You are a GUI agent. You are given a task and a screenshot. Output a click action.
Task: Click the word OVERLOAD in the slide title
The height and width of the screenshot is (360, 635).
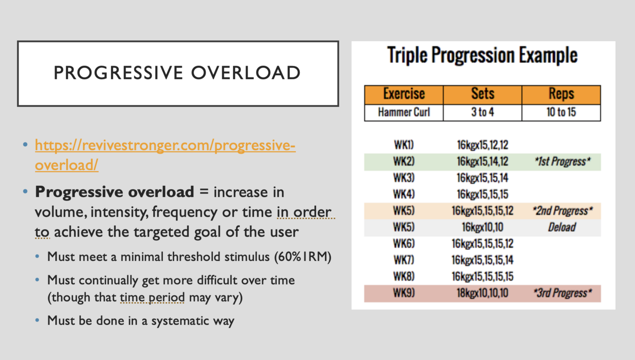(246, 73)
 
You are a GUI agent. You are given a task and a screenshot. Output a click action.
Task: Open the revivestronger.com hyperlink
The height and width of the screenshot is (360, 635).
(165, 155)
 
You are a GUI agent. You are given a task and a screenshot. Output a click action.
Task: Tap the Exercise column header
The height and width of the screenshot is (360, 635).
(404, 94)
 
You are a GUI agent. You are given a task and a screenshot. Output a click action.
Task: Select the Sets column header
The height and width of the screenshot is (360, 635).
(483, 94)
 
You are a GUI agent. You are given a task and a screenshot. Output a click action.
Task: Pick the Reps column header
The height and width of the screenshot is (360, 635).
(561, 94)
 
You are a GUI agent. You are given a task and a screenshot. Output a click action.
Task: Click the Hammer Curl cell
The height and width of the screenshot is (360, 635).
(404, 112)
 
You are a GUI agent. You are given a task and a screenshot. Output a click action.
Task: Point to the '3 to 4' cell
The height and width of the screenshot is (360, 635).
(483, 112)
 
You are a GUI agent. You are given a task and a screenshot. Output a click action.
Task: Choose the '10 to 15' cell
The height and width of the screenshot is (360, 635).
(561, 112)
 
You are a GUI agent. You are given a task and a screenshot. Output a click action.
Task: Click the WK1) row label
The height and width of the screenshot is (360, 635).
(404, 145)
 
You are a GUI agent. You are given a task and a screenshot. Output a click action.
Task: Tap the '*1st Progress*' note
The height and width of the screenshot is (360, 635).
(563, 162)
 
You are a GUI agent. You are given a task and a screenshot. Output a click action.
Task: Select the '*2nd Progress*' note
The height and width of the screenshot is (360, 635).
(563, 211)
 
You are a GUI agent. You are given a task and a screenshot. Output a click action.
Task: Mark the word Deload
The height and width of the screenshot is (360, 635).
(562, 227)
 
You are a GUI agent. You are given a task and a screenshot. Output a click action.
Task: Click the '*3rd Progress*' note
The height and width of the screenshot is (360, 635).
(563, 293)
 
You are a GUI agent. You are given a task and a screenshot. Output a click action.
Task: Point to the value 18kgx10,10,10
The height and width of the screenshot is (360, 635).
(483, 293)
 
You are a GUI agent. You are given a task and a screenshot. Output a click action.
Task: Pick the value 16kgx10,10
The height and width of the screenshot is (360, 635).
(483, 227)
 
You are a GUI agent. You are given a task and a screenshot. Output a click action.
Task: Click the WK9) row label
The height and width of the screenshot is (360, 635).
(404, 293)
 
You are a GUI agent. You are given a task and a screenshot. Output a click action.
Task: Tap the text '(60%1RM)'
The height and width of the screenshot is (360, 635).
(303, 257)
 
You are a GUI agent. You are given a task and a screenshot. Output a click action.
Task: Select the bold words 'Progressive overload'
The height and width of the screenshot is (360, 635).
(115, 192)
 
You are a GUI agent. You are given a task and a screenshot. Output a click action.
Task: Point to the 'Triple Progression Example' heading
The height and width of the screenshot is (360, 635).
(482, 55)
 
